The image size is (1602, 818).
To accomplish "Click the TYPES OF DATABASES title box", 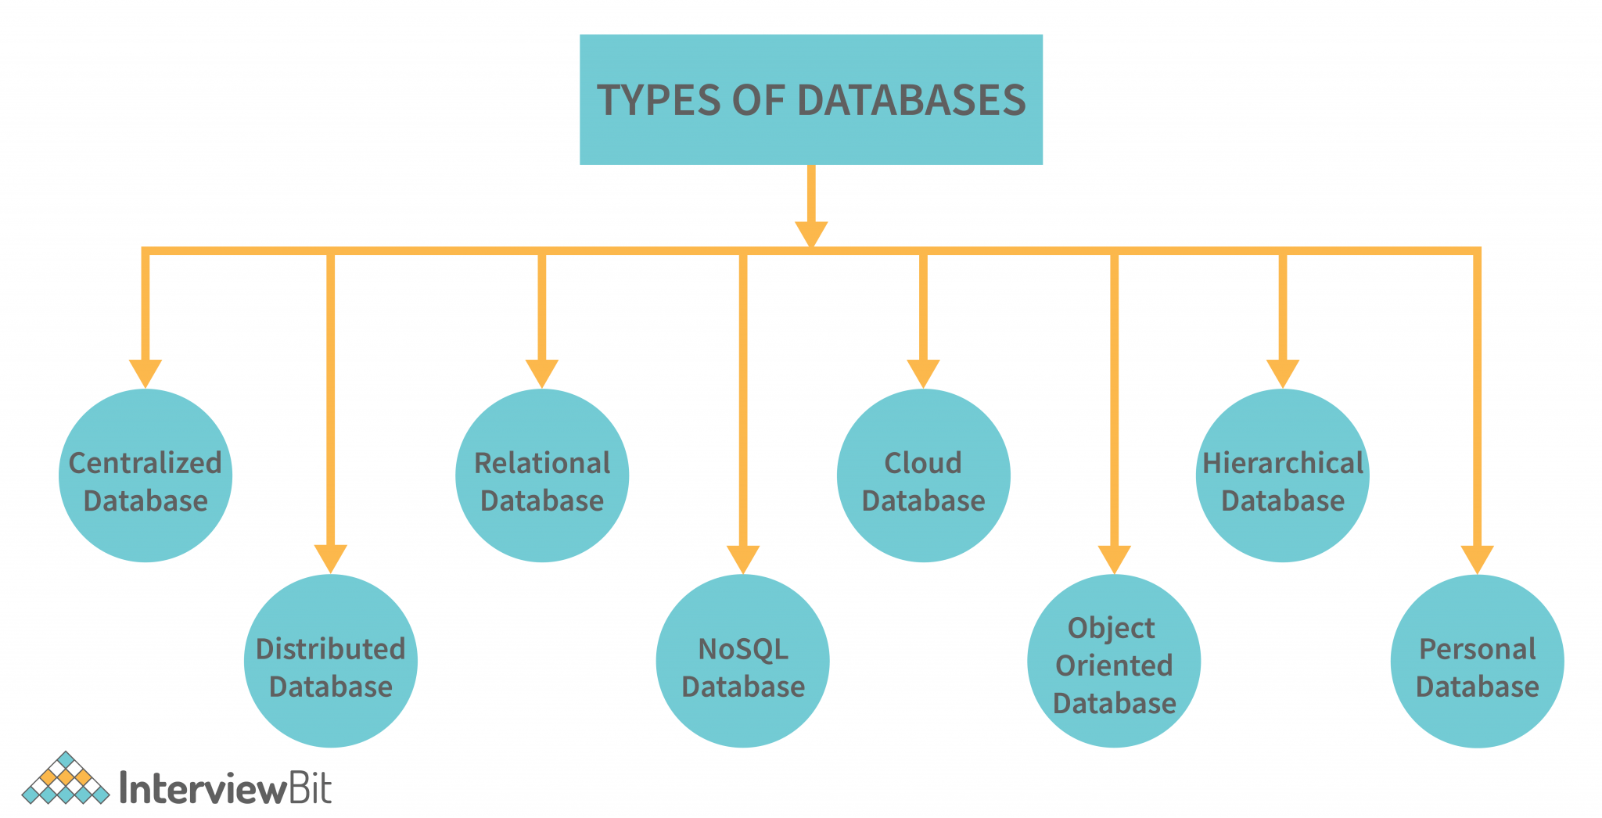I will click(810, 99).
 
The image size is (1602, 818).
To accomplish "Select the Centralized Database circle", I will click(145, 475).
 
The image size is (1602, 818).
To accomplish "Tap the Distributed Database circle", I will click(331, 662).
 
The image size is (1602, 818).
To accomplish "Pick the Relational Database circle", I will click(542, 475).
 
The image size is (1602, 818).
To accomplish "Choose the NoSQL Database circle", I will click(742, 662).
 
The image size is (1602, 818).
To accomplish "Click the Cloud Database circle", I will click(923, 475).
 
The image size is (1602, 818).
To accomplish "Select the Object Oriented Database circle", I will click(1114, 662).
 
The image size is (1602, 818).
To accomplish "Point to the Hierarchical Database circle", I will click(1283, 475).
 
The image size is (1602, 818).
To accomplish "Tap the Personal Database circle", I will click(1477, 662).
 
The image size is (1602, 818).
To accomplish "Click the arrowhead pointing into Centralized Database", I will click(145, 373).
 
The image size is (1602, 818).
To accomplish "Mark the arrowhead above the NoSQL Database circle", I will click(742, 558).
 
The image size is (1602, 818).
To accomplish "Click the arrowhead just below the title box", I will click(811, 234).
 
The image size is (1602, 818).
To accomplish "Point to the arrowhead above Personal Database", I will click(1477, 558).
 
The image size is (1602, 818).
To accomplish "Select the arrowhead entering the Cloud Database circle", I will click(923, 373).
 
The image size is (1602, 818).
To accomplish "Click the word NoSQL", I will click(742, 649).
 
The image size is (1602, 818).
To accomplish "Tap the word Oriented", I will click(1114, 666).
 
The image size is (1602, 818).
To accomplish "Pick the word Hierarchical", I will click(1283, 463).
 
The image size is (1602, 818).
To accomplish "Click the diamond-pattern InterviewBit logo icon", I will click(66, 779).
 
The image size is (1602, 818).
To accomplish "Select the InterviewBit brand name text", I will click(226, 788).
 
